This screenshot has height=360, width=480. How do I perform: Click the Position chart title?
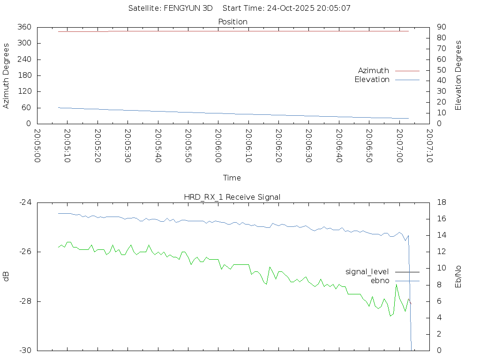[x=232, y=22]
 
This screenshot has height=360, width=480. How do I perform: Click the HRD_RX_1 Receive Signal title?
[x=232, y=197]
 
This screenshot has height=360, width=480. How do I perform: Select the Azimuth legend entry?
[x=374, y=71]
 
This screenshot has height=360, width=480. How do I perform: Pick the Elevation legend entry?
[x=372, y=80]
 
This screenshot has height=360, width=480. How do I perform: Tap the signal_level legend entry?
[x=367, y=272]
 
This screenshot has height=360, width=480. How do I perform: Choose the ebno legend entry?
[x=380, y=281]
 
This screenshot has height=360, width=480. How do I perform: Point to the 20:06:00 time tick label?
[x=218, y=147]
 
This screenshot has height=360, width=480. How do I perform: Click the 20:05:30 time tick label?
[x=127, y=147]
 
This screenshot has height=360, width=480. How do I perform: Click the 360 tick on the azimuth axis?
[x=24, y=27]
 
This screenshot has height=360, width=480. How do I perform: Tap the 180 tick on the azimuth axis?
[x=24, y=75]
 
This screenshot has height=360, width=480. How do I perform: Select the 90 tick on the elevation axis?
[x=441, y=27]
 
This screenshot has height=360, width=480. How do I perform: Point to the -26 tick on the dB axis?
[x=24, y=252]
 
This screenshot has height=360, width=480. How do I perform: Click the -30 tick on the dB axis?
[x=24, y=351]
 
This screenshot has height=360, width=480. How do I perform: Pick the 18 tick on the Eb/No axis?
[x=441, y=202]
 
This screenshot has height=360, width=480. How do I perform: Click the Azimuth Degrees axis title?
[x=7, y=75]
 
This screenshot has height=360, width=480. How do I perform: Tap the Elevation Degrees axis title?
[x=458, y=75]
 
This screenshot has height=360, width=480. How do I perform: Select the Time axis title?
[x=232, y=178]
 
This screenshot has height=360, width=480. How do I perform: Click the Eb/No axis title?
[x=458, y=277]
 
